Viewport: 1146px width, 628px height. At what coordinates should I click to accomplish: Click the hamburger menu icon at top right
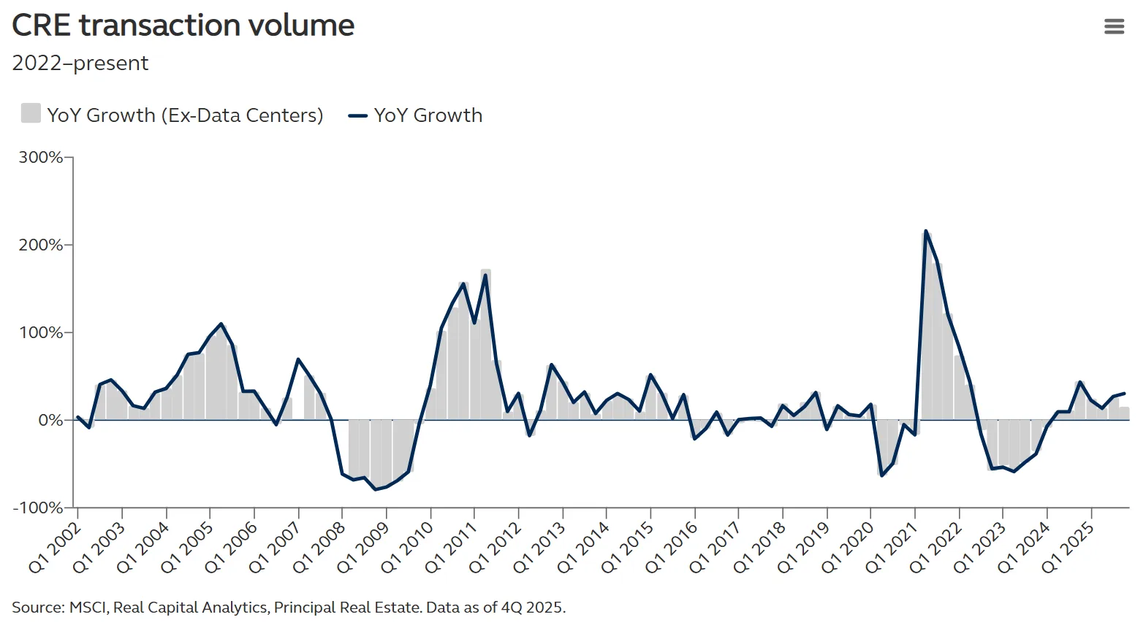[x=1114, y=27]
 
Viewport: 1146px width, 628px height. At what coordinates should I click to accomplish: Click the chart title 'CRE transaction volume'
[x=183, y=26]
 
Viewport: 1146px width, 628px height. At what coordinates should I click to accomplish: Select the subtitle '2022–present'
[x=80, y=64]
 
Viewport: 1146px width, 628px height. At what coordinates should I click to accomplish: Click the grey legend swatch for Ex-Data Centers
[x=31, y=114]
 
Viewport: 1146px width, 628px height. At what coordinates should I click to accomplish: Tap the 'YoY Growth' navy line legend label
[x=428, y=115]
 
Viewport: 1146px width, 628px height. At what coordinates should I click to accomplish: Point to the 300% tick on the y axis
[x=41, y=157]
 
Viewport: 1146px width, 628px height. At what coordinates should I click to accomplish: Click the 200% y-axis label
[x=41, y=245]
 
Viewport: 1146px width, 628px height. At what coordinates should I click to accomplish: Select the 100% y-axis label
[x=41, y=332]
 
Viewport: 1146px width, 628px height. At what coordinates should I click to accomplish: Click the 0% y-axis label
[x=50, y=420]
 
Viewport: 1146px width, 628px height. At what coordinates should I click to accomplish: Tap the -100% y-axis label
[x=38, y=508]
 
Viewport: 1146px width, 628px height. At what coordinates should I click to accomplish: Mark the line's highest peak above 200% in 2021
[x=926, y=231]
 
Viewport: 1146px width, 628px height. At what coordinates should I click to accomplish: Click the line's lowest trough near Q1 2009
[x=376, y=489]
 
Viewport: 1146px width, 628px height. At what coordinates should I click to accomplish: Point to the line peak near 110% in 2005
[x=221, y=324]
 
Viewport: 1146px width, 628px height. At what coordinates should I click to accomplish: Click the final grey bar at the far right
[x=1124, y=413]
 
